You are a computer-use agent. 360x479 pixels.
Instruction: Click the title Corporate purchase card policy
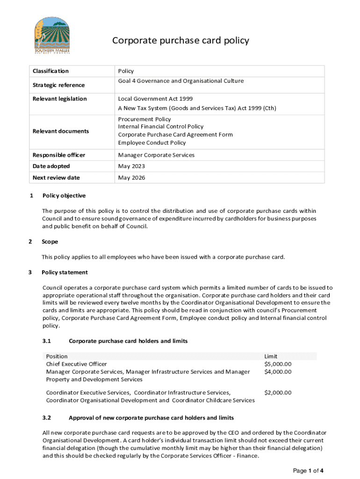[x=180, y=41]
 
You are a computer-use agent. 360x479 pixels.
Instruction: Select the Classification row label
[x=50, y=71]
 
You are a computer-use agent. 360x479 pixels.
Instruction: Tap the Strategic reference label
[x=58, y=85]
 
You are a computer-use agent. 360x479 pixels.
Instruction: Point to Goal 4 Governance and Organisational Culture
[x=180, y=81]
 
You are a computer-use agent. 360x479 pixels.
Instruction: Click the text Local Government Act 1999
[x=155, y=99]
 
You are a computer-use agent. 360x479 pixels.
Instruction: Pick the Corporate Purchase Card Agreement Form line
[x=175, y=135]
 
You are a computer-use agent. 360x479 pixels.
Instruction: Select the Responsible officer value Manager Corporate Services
[x=156, y=155]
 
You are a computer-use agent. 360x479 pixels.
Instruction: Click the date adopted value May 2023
[x=131, y=166]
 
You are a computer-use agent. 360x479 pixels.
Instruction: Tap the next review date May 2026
[x=131, y=178]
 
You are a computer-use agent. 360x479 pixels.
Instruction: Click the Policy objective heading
[x=64, y=196]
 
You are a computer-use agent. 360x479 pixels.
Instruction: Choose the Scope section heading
[x=50, y=242]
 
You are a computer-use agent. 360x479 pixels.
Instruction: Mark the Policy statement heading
[x=65, y=272]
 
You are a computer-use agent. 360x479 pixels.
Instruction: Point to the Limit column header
[x=271, y=356]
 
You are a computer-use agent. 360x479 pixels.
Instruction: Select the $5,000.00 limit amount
[x=278, y=364]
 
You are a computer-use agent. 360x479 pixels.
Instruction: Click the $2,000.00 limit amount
[x=278, y=392]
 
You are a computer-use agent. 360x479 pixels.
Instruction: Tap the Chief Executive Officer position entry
[x=76, y=364]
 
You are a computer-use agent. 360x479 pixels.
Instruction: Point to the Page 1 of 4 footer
[x=308, y=471]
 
